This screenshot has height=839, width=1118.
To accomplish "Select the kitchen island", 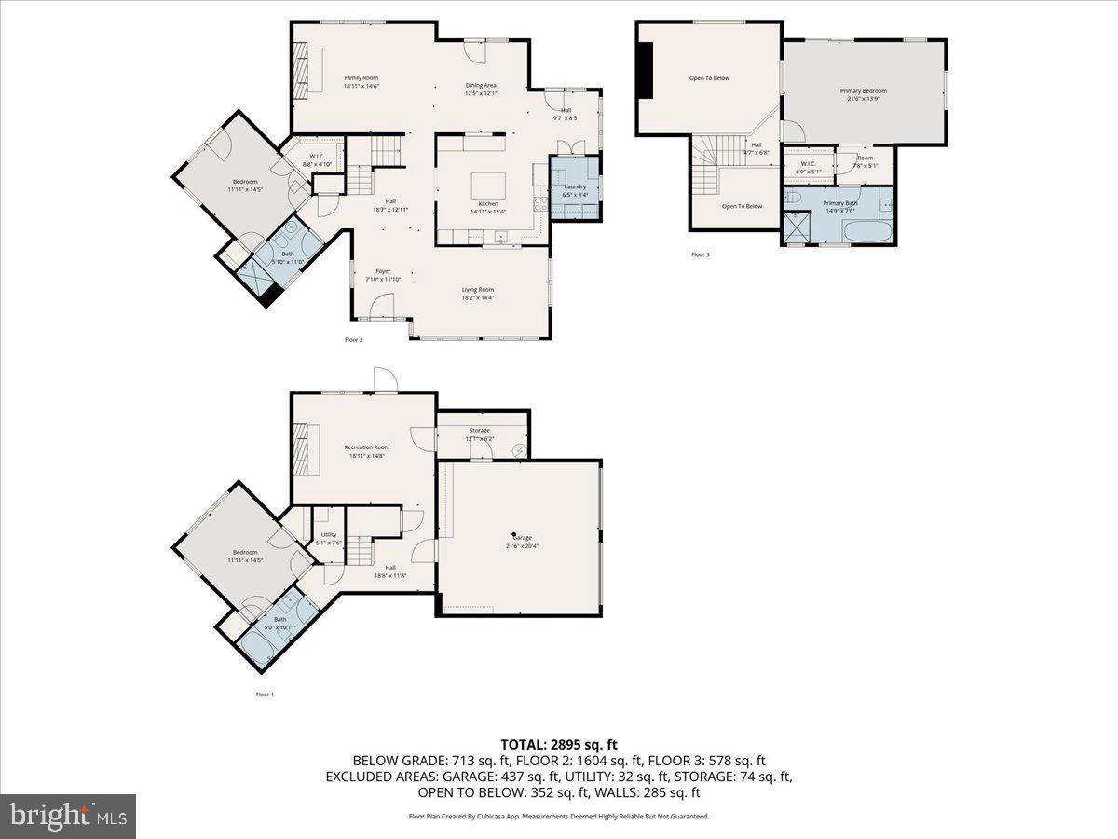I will [487, 181].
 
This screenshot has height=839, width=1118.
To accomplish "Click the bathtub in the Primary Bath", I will [866, 230].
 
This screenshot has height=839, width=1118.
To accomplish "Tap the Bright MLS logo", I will [68, 817].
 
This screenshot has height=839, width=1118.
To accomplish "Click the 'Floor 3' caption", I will [701, 254].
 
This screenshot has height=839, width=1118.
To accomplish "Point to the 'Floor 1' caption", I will [265, 695].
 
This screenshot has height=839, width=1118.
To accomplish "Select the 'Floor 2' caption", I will [353, 340].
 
